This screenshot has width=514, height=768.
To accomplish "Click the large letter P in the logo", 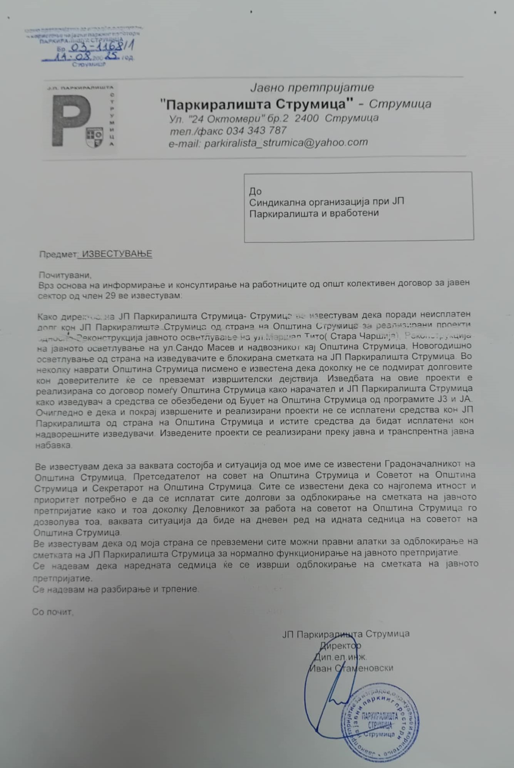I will [x=71, y=120].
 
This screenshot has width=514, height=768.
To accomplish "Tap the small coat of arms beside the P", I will [x=95, y=137].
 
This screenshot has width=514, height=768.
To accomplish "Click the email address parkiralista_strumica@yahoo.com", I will [x=286, y=143].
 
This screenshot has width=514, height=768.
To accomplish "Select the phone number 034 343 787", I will [x=256, y=131].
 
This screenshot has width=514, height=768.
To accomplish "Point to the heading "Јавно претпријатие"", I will [x=312, y=88].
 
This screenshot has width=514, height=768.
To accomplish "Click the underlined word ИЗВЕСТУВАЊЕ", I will [x=117, y=254].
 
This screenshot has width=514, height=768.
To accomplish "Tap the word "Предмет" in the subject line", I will [x=58, y=254].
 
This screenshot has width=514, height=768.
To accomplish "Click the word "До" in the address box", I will [x=255, y=191].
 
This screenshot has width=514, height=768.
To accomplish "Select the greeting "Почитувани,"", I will [x=65, y=275].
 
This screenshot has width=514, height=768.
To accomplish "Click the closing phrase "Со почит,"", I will [x=52, y=612].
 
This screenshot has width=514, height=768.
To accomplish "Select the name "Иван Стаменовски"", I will [x=351, y=668].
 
